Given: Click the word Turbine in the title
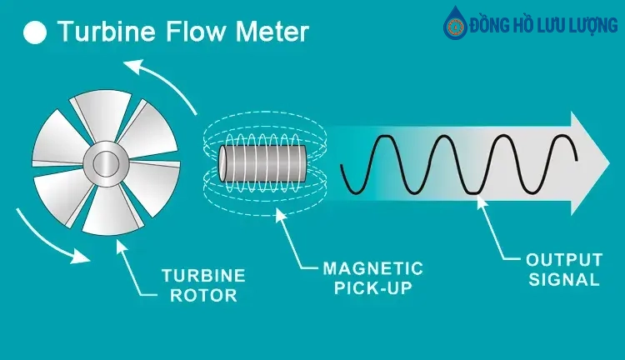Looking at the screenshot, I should pyautogui.click(x=102, y=33).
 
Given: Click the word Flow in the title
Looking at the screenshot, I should pyautogui.click(x=188, y=33).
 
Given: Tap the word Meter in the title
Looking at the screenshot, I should pyautogui.click(x=267, y=33).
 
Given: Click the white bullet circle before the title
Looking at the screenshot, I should pyautogui.click(x=36, y=34).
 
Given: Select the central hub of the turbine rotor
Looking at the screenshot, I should pyautogui.click(x=107, y=162).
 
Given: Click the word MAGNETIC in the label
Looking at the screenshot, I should pyautogui.click(x=361, y=269).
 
